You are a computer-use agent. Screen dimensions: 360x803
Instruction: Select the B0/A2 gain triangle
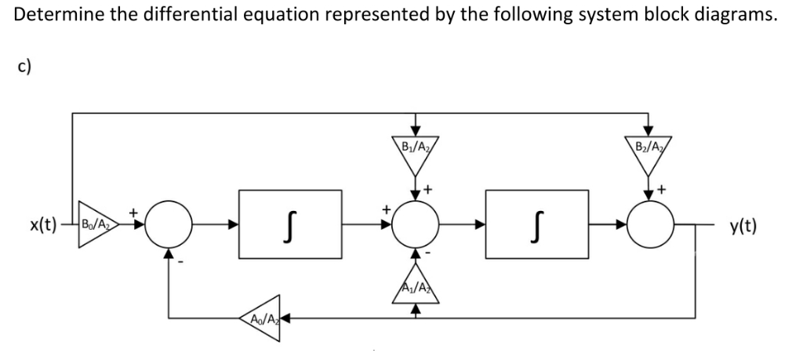point(98,227)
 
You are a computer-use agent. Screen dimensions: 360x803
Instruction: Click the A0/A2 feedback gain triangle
point(263,318)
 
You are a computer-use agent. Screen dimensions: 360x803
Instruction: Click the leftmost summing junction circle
point(166,227)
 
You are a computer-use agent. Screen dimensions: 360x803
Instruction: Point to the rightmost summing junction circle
point(648,227)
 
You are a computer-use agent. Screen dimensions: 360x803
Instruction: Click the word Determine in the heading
point(51,16)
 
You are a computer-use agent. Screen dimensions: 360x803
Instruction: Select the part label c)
point(24,66)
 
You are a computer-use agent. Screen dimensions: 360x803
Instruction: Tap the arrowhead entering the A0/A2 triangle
point(287,318)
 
